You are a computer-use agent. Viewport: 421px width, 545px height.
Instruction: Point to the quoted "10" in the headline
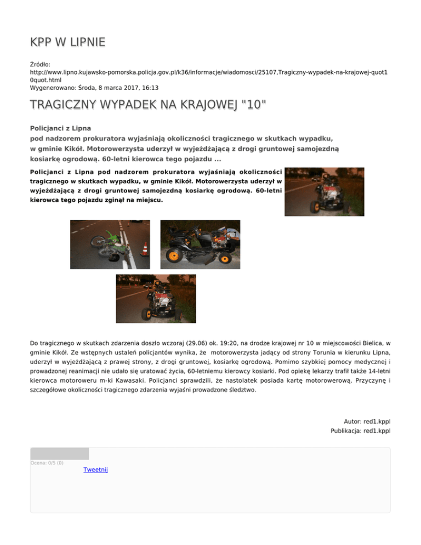coord(249,104)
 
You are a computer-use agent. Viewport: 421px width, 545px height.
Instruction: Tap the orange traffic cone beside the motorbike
coord(144,249)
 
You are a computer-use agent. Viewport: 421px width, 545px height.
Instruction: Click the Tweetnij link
coord(95,470)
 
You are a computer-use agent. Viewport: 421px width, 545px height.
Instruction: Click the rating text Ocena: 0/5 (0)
coord(47,463)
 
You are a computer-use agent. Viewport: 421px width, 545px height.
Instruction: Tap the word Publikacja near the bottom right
coord(346,431)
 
